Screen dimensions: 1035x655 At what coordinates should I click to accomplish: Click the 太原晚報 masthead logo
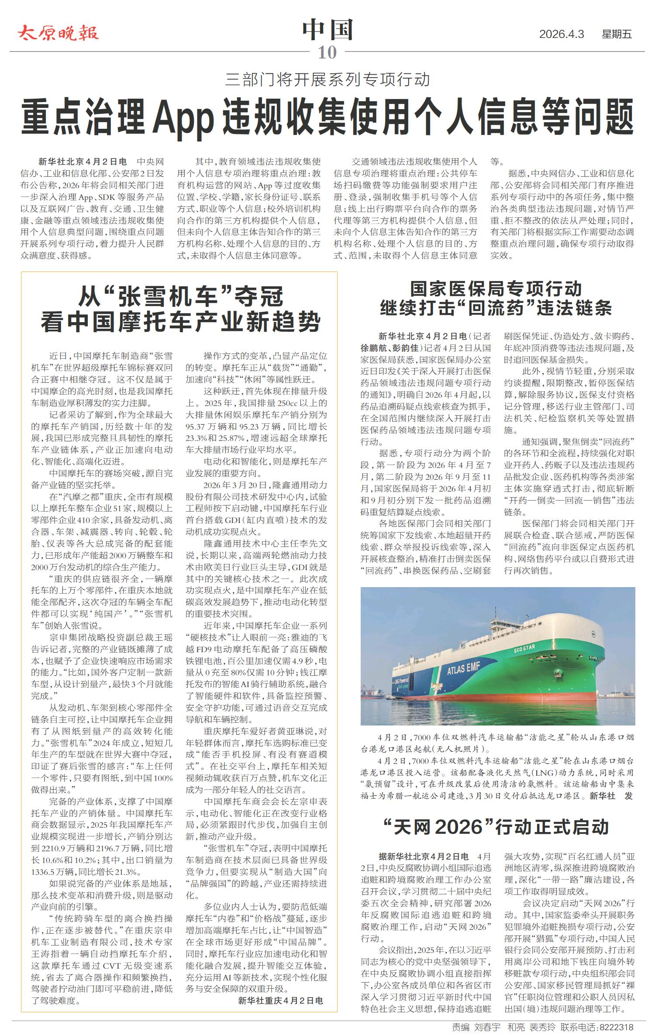point(58,33)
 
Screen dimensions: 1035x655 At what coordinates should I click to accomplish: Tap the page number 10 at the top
point(327,52)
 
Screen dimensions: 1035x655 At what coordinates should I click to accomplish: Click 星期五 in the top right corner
point(617,34)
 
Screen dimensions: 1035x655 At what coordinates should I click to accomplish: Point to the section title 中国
point(327,30)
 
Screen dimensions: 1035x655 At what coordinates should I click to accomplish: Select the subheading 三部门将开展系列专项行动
point(327,79)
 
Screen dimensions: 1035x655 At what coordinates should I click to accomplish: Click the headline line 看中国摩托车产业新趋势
point(180,323)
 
